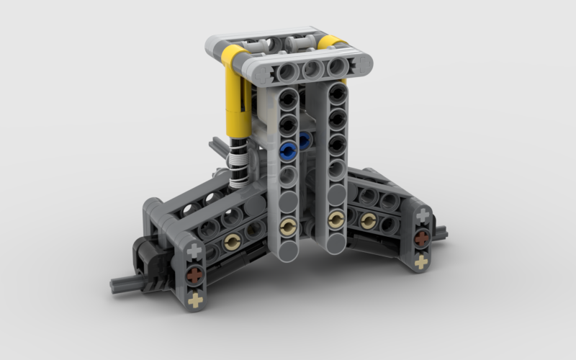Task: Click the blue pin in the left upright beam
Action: click(x=289, y=150)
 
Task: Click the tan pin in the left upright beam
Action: click(x=288, y=227)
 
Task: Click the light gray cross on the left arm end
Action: click(x=194, y=252)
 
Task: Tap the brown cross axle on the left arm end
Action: click(x=194, y=276)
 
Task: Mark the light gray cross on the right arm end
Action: click(x=423, y=215)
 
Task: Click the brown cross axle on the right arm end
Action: click(x=423, y=238)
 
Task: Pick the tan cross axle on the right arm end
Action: click(x=423, y=262)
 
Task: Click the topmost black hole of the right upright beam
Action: click(x=335, y=94)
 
